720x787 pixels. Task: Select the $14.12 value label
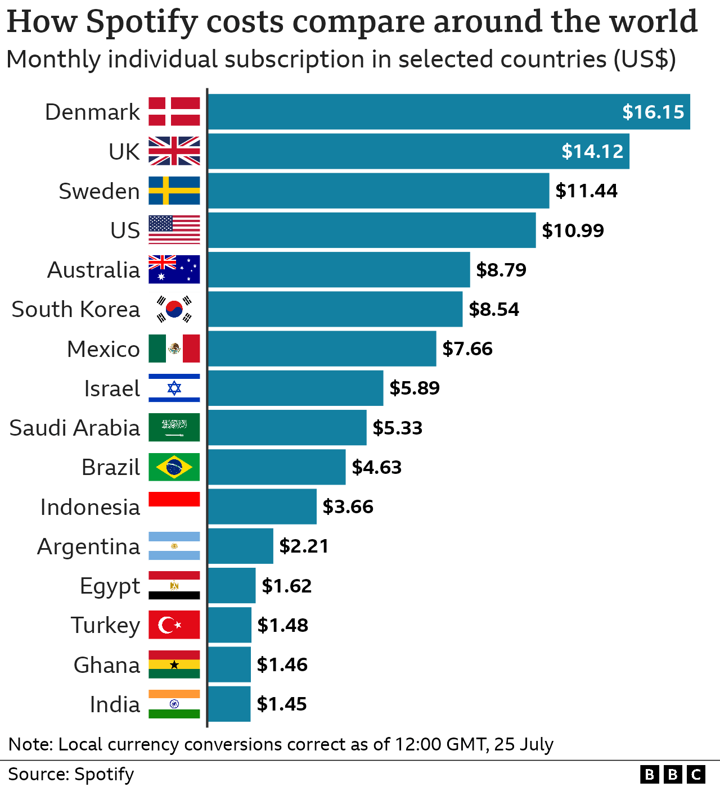click(592, 151)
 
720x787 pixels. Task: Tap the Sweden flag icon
click(174, 191)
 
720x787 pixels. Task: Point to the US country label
click(125, 230)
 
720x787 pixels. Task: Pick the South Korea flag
click(174, 309)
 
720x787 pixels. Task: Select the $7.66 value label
click(467, 349)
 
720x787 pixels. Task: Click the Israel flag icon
click(174, 388)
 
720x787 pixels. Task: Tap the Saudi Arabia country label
click(74, 428)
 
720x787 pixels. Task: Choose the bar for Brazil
click(276, 467)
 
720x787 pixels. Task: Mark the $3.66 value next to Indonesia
click(348, 506)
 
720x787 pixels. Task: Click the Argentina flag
click(174, 546)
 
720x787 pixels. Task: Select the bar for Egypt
click(231, 585)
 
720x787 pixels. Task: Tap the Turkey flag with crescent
click(174, 625)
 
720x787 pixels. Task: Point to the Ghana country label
click(106, 665)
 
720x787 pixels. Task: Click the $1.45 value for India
click(281, 704)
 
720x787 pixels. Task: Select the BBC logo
click(672, 774)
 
